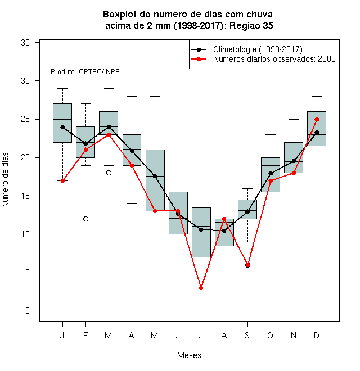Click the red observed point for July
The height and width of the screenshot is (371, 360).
point(201,288)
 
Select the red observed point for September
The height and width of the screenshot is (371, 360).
point(247,265)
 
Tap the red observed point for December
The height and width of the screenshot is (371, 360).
point(317,120)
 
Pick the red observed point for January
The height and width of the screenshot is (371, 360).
point(62,180)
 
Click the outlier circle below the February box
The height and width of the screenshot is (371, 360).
point(85,219)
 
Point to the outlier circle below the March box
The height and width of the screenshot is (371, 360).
point(109,173)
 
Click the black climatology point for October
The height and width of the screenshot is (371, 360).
point(271,174)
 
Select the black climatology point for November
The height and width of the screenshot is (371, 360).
point(294,161)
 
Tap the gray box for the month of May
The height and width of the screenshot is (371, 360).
point(155,180)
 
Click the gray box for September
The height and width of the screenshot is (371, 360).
point(247,210)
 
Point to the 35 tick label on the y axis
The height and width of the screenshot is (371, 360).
point(25,43)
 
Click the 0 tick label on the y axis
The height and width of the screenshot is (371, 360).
point(28,311)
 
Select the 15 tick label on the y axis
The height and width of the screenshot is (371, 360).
point(25,196)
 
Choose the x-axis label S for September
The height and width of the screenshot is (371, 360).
point(247,335)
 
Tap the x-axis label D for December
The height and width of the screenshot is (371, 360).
point(317,335)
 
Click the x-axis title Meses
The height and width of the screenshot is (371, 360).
point(189,355)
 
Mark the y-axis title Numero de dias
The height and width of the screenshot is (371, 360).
point(5,180)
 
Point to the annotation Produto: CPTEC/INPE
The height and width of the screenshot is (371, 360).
point(85,72)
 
